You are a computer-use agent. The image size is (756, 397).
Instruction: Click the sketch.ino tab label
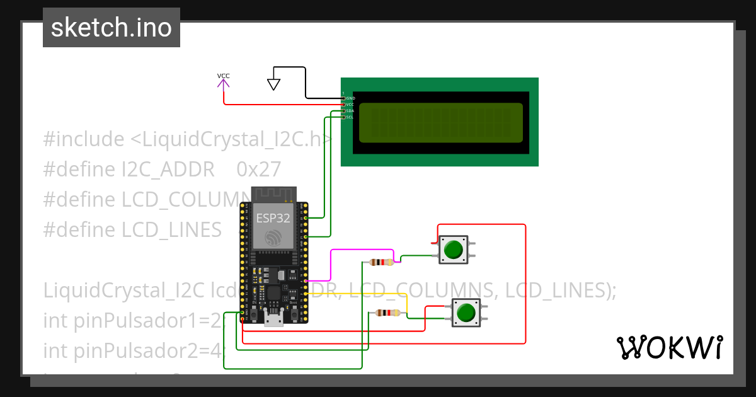[112, 28]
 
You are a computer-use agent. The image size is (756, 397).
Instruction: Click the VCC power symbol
[224, 80]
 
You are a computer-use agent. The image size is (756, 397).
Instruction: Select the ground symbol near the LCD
[273, 84]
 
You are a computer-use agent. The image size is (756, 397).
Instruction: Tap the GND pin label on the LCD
[350, 98]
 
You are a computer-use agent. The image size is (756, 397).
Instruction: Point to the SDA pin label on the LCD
[350, 110]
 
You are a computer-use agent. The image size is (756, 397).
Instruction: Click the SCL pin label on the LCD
[350, 117]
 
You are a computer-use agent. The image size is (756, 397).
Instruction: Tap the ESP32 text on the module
[273, 219]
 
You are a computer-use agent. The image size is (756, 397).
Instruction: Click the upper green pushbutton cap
[453, 250]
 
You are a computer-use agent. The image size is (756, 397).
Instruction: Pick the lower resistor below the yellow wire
[387, 313]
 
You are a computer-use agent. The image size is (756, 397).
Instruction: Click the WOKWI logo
[669, 347]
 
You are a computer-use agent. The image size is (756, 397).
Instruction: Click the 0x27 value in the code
[258, 170]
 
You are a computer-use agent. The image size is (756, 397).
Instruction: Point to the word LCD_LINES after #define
[171, 229]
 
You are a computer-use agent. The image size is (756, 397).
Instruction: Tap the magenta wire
[331, 265]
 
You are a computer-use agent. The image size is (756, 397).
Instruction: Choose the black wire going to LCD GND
[306, 82]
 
